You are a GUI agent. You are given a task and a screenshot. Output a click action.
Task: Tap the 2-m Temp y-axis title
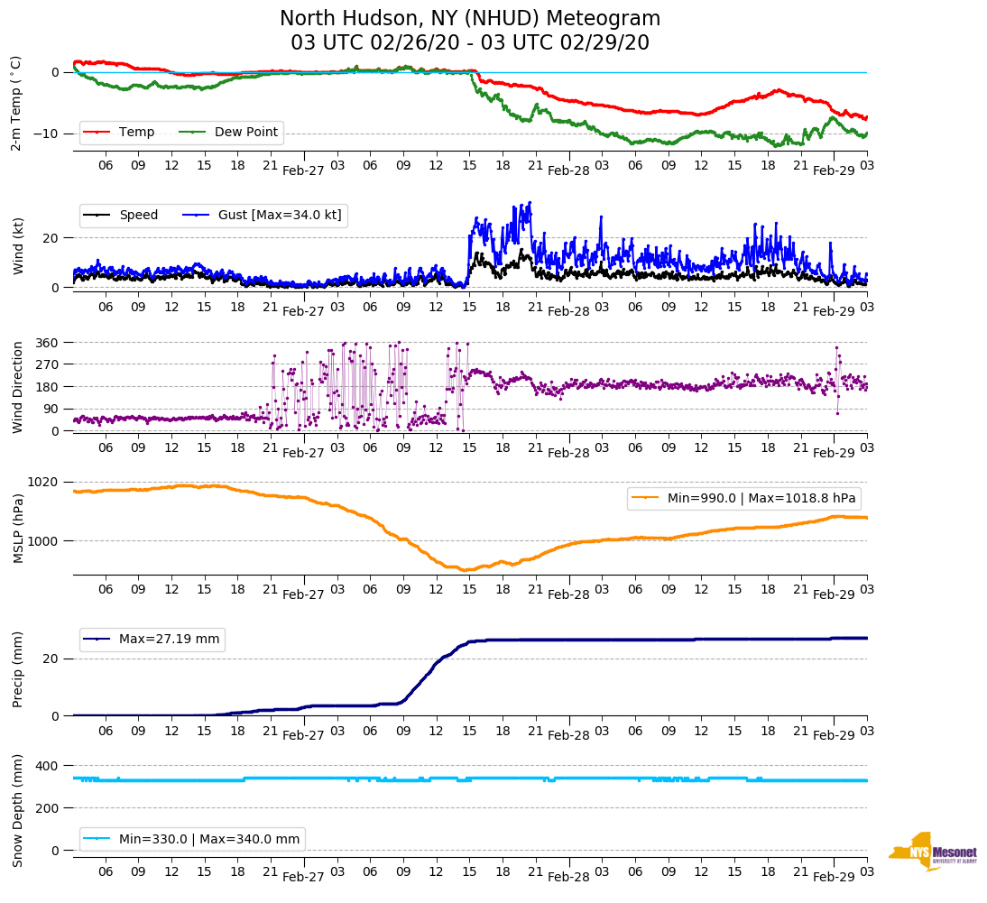pyautogui.click(x=16, y=103)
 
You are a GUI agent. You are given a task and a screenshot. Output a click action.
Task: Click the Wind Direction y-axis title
pyautogui.click(x=18, y=386)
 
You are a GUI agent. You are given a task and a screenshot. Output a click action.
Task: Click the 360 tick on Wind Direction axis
pyautogui.click(x=47, y=343)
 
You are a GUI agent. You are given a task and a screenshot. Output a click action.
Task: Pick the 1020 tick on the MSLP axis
pyautogui.click(x=43, y=482)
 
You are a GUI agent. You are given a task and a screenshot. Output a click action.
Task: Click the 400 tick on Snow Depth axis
pyautogui.click(x=47, y=766)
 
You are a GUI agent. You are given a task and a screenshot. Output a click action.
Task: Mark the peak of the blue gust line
pyautogui.click(x=530, y=202)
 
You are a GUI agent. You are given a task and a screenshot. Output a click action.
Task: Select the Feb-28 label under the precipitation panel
pyautogui.click(x=568, y=735)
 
